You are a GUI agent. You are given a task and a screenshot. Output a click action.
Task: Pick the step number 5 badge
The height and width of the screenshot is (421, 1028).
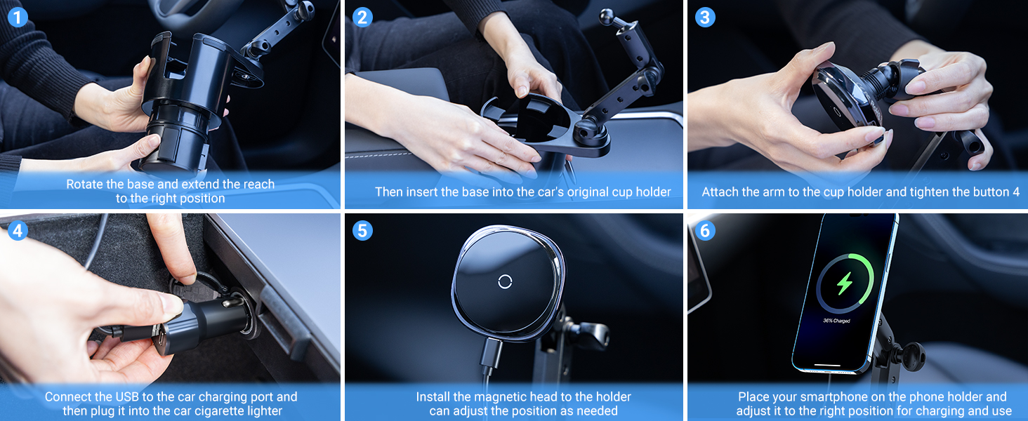click(362, 229)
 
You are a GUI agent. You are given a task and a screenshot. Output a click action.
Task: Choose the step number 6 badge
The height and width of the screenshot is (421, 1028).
click(705, 229)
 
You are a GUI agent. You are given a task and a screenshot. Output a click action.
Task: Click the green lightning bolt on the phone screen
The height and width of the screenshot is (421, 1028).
click(845, 283)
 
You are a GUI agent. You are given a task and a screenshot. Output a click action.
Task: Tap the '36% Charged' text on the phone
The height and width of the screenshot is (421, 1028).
click(836, 321)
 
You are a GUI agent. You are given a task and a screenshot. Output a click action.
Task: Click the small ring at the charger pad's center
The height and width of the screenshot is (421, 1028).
click(505, 281)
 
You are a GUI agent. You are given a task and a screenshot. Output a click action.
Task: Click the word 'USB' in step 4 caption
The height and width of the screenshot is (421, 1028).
click(128, 397)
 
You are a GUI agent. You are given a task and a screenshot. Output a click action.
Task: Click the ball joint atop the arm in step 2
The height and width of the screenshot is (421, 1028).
click(606, 15)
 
